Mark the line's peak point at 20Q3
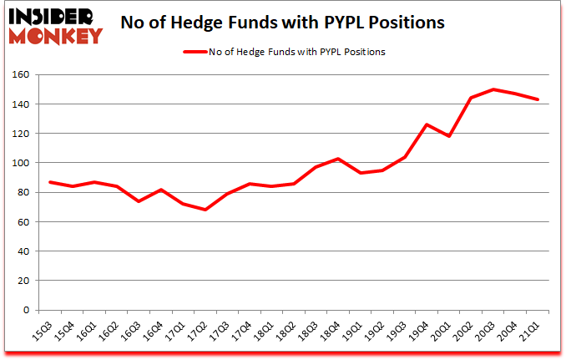coord(493,89)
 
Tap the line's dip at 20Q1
coord(450,136)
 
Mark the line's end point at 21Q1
coord(538,99)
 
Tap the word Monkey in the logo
coord(57,35)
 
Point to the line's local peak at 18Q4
coord(336,159)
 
